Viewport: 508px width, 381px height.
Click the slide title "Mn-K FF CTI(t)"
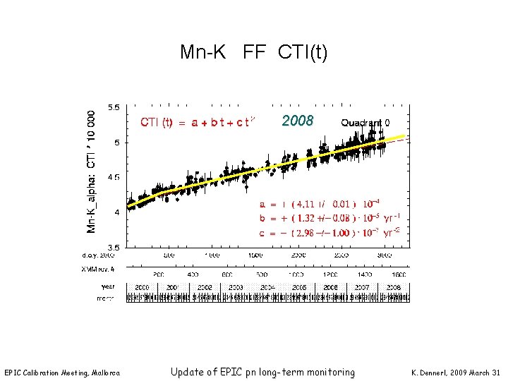[x=253, y=52]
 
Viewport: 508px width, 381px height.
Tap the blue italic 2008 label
[x=297, y=121]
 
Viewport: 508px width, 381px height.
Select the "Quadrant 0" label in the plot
[x=365, y=122]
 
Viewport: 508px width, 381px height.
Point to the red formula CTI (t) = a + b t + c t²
[x=197, y=122]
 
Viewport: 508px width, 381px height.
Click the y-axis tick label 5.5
[x=113, y=108]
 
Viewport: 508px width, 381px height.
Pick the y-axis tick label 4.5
[x=113, y=177]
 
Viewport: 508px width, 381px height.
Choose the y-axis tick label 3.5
[x=113, y=246]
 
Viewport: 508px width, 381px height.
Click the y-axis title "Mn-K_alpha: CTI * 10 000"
[x=92, y=170]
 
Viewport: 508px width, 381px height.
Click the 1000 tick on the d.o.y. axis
[x=212, y=255]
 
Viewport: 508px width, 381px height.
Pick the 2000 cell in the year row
[x=142, y=288]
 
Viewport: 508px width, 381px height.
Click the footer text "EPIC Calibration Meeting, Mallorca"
[x=62, y=373]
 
